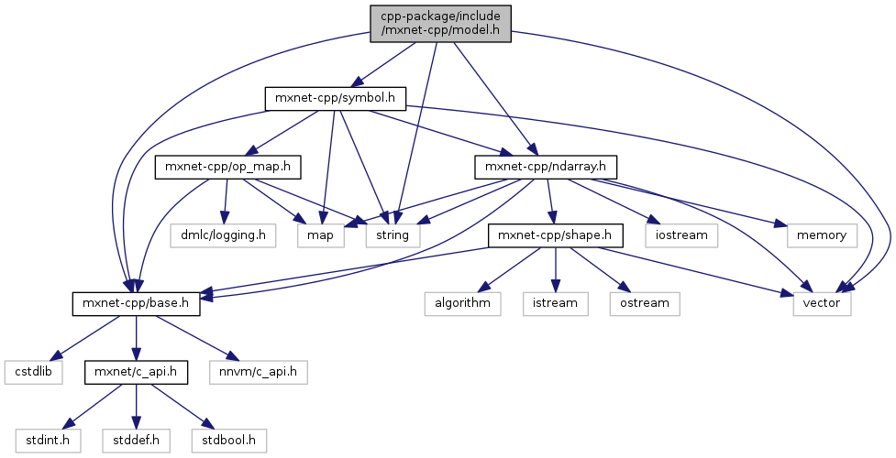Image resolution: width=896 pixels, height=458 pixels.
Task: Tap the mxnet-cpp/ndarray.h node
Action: click(546, 167)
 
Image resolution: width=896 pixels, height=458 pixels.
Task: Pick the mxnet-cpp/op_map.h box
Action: click(228, 167)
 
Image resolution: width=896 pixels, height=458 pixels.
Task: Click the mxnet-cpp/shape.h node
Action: click(556, 235)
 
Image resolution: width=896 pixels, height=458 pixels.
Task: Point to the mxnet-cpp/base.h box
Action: click(136, 303)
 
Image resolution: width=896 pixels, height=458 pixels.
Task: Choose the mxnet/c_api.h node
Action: click(136, 372)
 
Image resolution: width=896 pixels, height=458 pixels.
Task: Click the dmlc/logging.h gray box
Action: click(223, 235)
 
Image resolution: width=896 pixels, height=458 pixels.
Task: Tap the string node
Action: click(393, 235)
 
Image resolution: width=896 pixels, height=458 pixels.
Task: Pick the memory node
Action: click(822, 235)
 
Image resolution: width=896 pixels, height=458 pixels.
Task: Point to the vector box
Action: click(823, 303)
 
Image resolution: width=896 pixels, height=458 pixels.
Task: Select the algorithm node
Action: click(463, 303)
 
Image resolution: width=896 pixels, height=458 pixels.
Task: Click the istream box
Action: click(556, 303)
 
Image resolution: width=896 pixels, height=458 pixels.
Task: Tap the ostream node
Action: click(644, 303)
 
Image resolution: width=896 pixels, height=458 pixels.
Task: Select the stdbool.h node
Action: click(228, 441)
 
